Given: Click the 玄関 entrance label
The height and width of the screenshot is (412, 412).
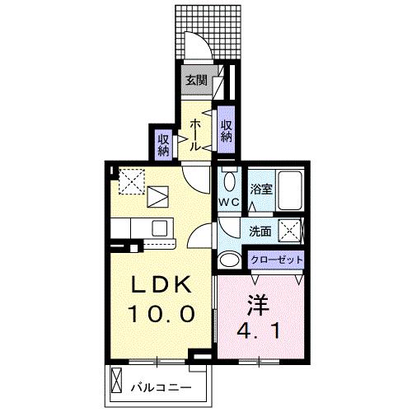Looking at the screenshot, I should [195, 81].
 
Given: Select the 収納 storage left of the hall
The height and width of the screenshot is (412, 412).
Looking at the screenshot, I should [163, 144].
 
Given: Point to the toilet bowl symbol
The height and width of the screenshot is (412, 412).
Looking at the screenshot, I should [228, 182].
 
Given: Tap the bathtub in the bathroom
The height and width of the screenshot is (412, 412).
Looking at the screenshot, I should [289, 190].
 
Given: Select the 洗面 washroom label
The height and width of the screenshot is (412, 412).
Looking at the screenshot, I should [261, 232].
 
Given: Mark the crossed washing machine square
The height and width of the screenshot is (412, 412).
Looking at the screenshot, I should [288, 232].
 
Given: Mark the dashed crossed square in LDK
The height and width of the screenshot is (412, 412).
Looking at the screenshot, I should [129, 181].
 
